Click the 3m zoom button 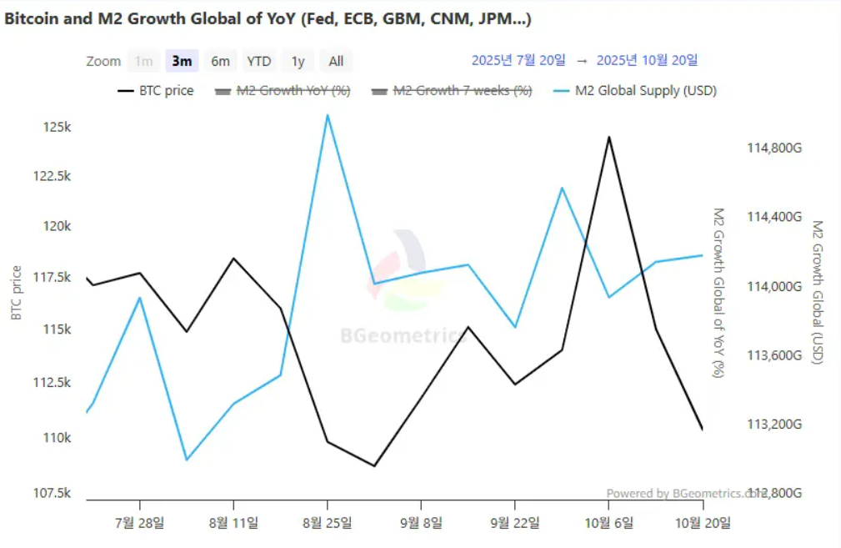(x=182, y=61)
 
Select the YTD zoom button (x=259, y=61)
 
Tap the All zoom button (x=336, y=61)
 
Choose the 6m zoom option (x=220, y=61)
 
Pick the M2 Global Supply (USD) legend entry (x=635, y=90)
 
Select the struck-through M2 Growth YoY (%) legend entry (x=283, y=90)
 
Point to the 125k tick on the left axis (x=58, y=128)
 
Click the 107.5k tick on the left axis (x=53, y=493)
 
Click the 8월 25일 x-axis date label (x=328, y=523)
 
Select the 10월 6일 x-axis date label (x=608, y=523)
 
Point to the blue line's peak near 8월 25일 (x=328, y=115)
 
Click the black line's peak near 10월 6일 (x=608, y=137)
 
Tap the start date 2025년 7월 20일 (x=518, y=60)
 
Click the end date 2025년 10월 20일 (x=648, y=60)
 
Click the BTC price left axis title (x=16, y=293)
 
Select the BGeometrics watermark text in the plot (x=403, y=336)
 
